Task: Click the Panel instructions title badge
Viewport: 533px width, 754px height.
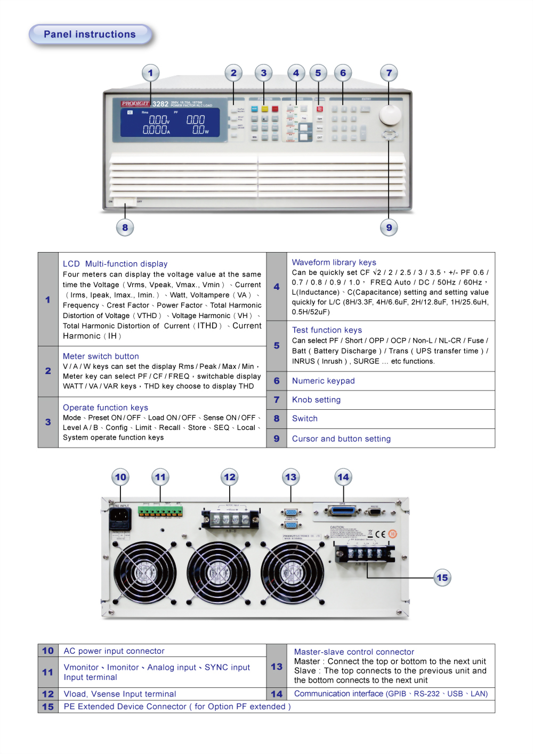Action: (90, 35)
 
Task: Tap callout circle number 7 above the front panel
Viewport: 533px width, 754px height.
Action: (389, 73)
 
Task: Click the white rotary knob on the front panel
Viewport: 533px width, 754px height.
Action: (390, 114)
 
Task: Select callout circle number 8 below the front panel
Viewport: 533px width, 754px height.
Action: (125, 228)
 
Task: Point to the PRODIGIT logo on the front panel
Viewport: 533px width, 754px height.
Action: (135, 103)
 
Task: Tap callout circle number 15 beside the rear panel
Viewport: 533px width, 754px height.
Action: (442, 578)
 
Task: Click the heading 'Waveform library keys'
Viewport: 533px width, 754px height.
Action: (334, 262)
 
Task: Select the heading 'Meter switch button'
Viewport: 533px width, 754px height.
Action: (101, 356)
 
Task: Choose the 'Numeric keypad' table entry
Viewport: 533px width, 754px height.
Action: (324, 380)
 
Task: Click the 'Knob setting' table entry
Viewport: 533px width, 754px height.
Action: (316, 400)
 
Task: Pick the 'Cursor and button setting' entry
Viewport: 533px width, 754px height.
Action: (341, 439)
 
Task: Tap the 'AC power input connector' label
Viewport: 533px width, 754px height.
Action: (114, 651)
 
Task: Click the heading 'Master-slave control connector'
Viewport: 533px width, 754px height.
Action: (354, 652)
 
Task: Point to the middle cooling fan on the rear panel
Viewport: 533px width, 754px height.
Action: (219, 573)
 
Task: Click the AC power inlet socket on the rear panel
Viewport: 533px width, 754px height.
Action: (120, 516)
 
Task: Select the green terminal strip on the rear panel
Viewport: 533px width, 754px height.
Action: (160, 511)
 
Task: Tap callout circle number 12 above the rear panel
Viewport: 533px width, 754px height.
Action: (229, 477)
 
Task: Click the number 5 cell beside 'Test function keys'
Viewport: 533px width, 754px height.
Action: (277, 345)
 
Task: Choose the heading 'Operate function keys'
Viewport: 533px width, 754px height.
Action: (106, 407)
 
